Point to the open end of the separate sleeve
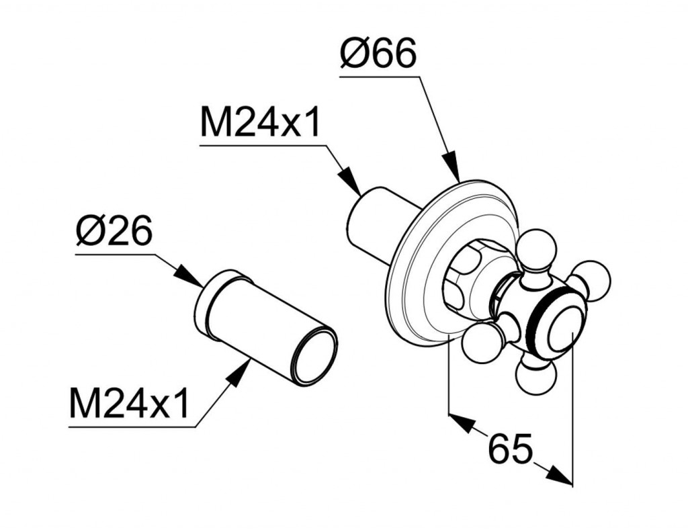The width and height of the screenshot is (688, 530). (x=314, y=355)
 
